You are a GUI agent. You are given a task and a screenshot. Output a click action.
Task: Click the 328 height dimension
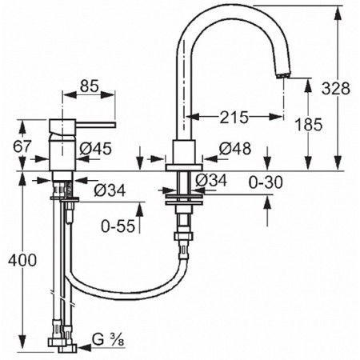335,88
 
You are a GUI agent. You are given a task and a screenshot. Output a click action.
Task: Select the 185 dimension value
309,124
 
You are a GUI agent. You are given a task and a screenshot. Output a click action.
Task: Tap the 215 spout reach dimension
234,117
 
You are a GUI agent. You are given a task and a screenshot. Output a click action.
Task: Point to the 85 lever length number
89,86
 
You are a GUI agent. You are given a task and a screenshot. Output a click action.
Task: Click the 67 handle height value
22,146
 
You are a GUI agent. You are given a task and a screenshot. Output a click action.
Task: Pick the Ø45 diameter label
95,149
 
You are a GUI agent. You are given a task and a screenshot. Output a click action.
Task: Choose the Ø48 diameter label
235,149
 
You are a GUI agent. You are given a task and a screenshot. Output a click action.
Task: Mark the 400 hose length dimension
22,260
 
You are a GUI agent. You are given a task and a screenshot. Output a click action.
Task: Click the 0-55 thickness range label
118,226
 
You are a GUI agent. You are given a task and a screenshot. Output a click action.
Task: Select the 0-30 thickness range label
266,182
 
